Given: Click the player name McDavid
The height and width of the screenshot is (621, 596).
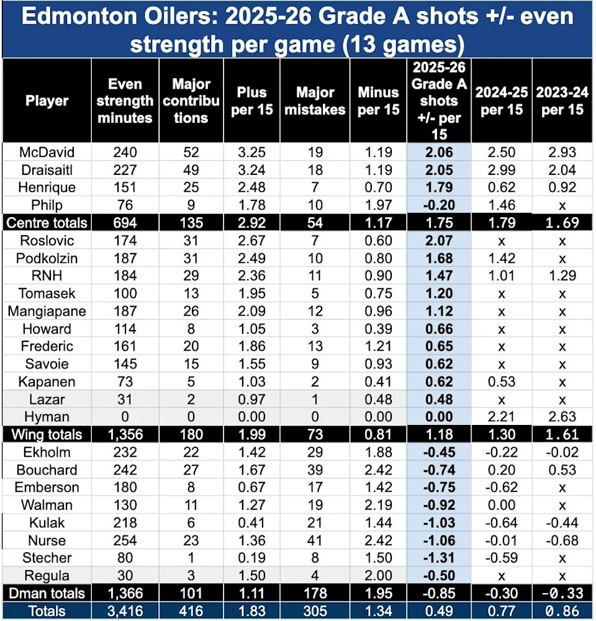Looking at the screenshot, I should point(47,153).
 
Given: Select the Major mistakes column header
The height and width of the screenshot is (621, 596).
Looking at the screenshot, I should point(320,100).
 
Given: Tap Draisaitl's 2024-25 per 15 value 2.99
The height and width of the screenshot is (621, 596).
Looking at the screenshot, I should point(502,170).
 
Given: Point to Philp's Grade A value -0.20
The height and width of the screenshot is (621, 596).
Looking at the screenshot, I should point(439,205).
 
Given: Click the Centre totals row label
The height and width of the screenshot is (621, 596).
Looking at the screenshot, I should point(47,223).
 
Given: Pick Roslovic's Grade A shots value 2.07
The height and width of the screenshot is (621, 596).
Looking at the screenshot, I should point(439,241).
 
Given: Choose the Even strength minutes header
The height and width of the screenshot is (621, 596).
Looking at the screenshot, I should point(125,100).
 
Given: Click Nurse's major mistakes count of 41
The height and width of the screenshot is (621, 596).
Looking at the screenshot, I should point(320,540).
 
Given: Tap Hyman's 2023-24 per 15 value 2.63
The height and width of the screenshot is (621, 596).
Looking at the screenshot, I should point(562,418).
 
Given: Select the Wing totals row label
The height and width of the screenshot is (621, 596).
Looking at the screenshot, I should point(47,435).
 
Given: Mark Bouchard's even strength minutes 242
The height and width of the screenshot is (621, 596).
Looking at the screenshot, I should point(125,470).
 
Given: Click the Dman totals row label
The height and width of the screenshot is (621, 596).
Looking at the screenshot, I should point(47,594).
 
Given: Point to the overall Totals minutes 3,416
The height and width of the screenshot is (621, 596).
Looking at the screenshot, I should point(125,611).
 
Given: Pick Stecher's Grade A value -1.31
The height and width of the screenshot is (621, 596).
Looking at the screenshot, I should point(439,558).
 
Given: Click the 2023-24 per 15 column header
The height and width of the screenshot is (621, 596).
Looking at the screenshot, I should point(562,100).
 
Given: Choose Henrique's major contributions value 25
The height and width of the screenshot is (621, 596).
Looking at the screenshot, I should point(190,188).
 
